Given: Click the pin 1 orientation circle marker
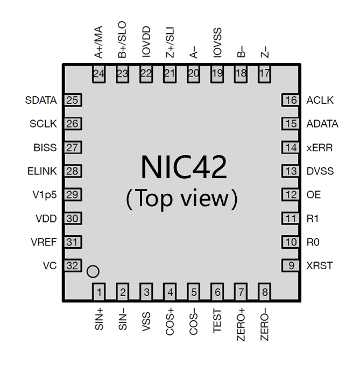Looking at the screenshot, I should point(93,271).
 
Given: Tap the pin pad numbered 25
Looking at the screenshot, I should point(73,100).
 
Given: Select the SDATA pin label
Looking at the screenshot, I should point(41,100).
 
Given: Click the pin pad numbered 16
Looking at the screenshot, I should point(291,100).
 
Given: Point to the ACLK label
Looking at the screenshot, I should point(320,100).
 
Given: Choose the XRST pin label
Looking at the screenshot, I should point(319,265).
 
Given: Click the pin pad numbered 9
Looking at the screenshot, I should point(291,265).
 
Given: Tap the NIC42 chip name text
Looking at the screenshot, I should point(183,167).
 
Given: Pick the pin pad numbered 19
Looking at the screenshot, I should point(217,74).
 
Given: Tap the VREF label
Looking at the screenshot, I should point(44,242).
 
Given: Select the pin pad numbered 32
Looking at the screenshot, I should point(73,265).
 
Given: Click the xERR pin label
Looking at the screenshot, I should point(319,148).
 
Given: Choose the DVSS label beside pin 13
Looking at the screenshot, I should point(320,171).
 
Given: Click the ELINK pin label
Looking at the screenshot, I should point(42,171).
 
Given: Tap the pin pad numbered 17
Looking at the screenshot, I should point(264,74).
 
